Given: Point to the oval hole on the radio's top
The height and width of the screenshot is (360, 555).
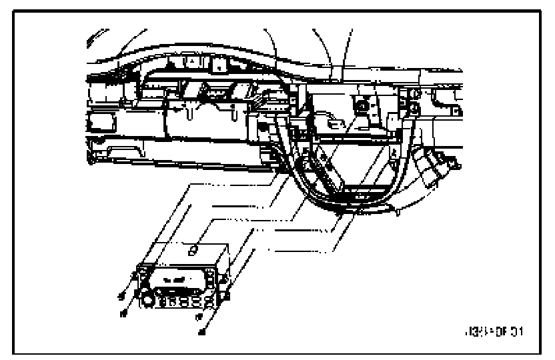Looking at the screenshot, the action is (x=192, y=250).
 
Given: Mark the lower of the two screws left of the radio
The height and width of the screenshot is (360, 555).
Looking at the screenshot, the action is (x=123, y=312).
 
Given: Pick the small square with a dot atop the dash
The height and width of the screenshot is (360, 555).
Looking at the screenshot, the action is (x=219, y=65).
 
